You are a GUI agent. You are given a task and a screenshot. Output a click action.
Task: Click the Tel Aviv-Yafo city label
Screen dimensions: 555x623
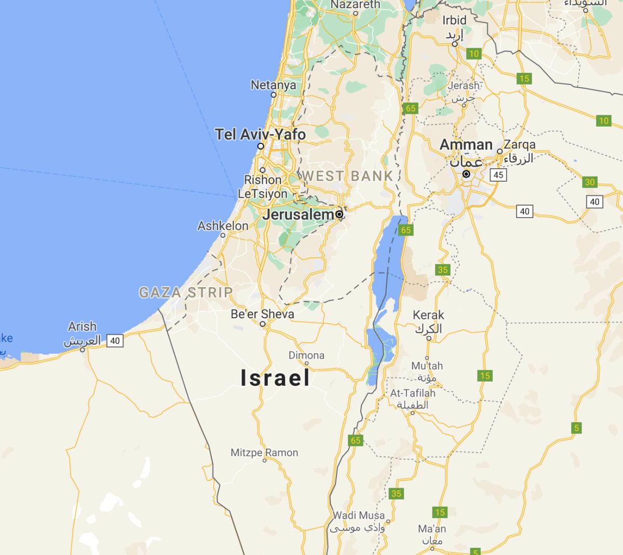[260, 134]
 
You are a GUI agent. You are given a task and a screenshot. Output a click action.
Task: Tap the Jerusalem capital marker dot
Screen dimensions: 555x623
[340, 214]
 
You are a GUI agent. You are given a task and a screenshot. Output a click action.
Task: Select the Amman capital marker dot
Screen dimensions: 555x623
[466, 174]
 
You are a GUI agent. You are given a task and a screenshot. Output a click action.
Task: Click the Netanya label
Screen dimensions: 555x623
[273, 85]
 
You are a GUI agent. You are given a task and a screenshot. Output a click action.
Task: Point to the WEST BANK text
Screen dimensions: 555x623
[347, 176]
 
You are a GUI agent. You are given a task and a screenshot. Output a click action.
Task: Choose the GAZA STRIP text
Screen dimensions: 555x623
[185, 292]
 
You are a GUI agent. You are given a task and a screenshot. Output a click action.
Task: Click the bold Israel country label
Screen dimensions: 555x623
[275, 378]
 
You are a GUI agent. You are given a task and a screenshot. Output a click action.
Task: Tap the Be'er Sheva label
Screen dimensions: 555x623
[262, 314]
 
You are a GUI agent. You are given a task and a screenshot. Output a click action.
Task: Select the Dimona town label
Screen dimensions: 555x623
[306, 356]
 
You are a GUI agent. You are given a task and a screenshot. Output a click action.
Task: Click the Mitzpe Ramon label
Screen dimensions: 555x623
[264, 453]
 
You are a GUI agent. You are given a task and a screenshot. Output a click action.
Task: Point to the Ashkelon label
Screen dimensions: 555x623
[223, 226]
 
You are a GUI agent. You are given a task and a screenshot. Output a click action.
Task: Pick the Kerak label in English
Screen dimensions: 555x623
[428, 315]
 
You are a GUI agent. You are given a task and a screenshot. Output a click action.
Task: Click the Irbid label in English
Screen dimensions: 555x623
[454, 20]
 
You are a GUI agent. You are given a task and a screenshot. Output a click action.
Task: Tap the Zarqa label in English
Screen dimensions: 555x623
[519, 144]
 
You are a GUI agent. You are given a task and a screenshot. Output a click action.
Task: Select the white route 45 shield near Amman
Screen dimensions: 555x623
[498, 174]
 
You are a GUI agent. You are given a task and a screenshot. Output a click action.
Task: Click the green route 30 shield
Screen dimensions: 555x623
[590, 182]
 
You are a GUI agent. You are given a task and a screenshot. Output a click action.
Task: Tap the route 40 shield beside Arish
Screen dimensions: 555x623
[115, 341]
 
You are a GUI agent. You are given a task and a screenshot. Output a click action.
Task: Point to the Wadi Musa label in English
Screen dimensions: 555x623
[359, 516]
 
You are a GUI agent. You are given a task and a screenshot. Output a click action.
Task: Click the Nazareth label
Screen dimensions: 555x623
[356, 4]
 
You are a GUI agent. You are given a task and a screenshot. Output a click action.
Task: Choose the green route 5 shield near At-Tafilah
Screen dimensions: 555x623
[576, 428]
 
